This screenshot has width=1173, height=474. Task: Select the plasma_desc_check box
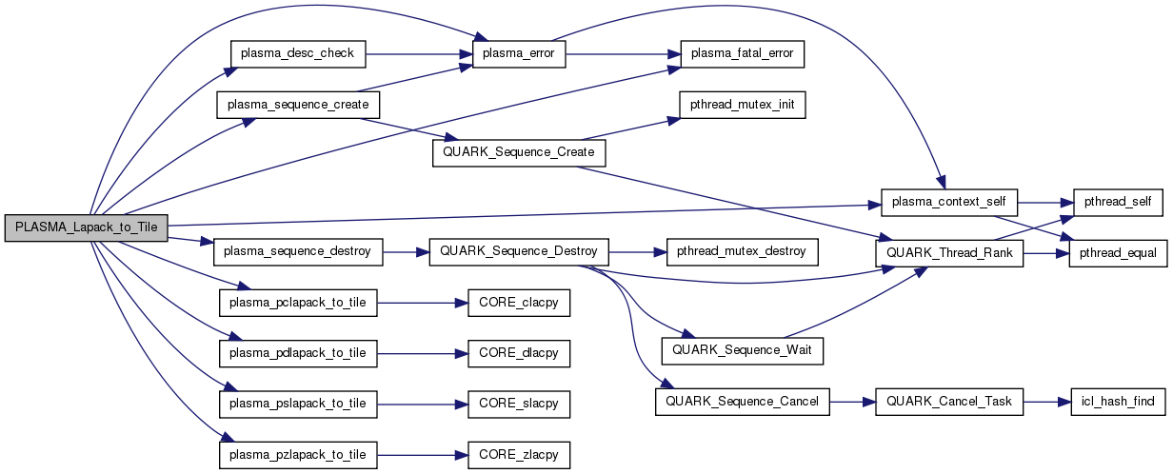pyautogui.click(x=298, y=54)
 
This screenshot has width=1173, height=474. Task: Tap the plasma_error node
pyautogui.click(x=520, y=54)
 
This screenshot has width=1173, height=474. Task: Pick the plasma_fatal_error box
pyautogui.click(x=742, y=54)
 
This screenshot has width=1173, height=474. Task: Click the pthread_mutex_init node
pyautogui.click(x=742, y=105)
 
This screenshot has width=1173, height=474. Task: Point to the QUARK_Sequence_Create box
pyautogui.click(x=520, y=153)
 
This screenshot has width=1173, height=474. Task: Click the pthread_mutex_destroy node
pyautogui.click(x=742, y=252)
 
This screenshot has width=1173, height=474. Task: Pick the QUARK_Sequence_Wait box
pyautogui.click(x=742, y=351)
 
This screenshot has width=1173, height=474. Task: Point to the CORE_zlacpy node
pyautogui.click(x=520, y=455)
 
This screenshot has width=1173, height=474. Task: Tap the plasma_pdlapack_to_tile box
pyautogui.click(x=298, y=353)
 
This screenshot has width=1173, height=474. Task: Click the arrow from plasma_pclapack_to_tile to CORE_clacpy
pyautogui.click(x=423, y=304)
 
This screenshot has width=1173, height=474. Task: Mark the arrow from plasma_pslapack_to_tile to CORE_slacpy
pyautogui.click(x=423, y=404)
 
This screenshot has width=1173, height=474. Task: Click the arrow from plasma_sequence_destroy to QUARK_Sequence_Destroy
pyautogui.click(x=407, y=252)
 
